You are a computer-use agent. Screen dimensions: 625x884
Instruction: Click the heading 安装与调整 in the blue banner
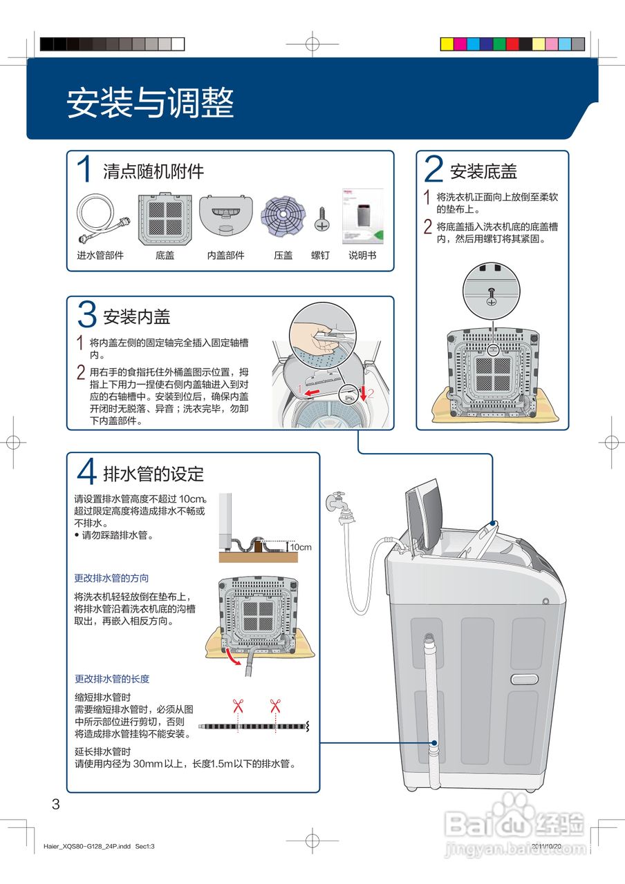point(150,102)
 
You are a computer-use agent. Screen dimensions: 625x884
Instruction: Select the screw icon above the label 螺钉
point(322,219)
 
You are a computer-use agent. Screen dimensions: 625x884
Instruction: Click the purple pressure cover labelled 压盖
point(283,216)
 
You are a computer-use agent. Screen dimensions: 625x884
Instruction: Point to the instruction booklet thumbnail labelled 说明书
point(363,216)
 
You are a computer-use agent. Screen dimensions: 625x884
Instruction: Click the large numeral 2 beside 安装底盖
point(433,169)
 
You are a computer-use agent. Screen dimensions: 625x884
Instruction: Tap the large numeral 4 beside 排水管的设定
point(86,471)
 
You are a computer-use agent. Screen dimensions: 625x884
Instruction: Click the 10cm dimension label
point(301,547)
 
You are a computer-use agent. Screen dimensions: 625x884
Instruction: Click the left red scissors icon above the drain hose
point(238,706)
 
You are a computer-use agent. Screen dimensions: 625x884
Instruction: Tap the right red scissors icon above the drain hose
point(275,706)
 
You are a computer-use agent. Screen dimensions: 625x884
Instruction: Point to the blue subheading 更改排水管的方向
point(111,578)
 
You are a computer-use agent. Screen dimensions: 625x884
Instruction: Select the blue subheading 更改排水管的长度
point(112,679)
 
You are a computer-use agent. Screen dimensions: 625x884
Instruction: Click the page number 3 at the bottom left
point(56,804)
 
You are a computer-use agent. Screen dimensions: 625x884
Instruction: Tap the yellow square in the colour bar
point(447,44)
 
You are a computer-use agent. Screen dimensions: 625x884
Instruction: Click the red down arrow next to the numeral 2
point(364,393)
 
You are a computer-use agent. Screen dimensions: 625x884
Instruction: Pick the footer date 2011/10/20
point(546,846)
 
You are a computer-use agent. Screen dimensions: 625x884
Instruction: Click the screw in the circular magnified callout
point(492,297)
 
